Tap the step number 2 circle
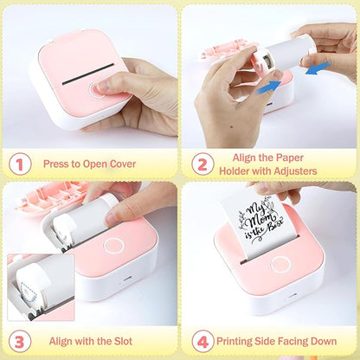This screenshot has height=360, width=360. (x=202, y=162)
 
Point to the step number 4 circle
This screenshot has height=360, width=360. (x=202, y=341)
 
